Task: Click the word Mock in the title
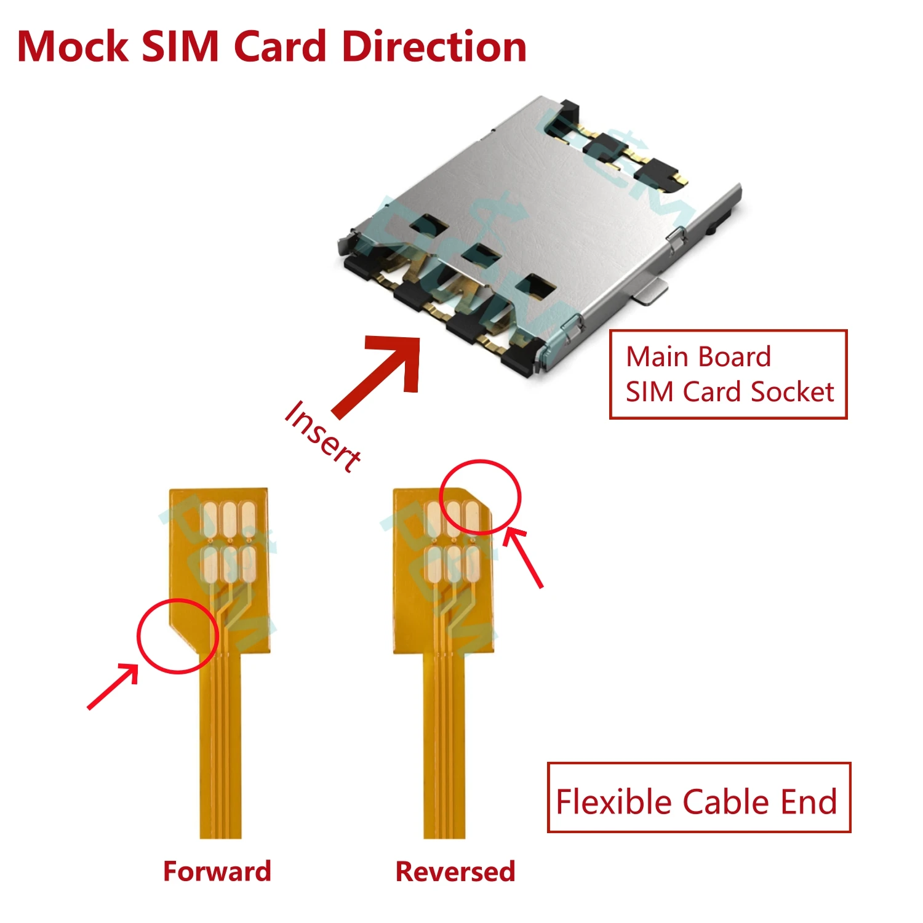click(x=73, y=47)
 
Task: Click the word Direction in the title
click(x=434, y=47)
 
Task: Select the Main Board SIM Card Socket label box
click(x=728, y=374)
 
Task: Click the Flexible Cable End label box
click(x=698, y=797)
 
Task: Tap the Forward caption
click(x=217, y=871)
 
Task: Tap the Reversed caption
click(x=455, y=871)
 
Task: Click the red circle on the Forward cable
click(x=177, y=636)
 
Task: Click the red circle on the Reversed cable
click(x=481, y=497)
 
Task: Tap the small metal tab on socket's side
click(x=652, y=291)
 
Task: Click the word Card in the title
click(x=280, y=47)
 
